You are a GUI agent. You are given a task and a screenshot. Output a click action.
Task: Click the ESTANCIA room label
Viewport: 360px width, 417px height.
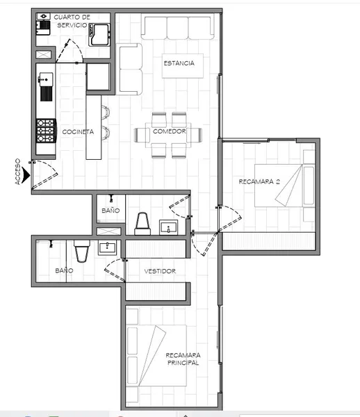[179, 63]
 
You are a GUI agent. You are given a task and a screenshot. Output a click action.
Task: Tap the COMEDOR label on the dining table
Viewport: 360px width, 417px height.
[169, 131]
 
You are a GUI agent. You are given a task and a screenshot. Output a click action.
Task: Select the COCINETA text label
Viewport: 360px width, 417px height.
[78, 132]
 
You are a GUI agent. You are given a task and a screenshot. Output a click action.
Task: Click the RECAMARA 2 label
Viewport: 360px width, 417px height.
[259, 181]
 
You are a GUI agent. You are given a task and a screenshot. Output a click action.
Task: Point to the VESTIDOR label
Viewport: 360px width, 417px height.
[160, 271]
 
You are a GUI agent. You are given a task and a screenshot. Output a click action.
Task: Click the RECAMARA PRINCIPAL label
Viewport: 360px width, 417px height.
[183, 359]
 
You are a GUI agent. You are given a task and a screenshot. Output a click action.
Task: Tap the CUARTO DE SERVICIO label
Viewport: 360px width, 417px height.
[72, 21]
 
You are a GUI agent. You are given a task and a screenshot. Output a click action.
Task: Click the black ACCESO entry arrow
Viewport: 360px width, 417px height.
[26, 174]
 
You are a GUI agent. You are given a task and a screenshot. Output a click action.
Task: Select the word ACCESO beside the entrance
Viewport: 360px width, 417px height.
[17, 172]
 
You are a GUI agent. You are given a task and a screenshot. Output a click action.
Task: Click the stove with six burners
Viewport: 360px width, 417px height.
[46, 131]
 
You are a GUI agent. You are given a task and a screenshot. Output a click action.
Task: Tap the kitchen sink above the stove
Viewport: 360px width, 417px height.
[46, 87]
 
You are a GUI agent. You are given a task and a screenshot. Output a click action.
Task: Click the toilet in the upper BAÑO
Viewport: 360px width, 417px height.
[142, 224]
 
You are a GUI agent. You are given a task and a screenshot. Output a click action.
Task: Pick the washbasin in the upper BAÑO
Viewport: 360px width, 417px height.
[169, 227]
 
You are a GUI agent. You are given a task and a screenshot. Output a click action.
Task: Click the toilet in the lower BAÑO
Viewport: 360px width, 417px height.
[82, 251]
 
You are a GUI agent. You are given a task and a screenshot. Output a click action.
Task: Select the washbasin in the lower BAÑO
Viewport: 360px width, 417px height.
[107, 247]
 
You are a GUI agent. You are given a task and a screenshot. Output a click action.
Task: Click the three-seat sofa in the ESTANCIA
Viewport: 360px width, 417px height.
[178, 28]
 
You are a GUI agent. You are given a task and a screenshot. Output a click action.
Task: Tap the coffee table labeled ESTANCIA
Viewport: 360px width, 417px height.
[183, 66]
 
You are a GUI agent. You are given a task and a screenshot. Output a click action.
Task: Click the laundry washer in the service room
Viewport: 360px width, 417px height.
[99, 35]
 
